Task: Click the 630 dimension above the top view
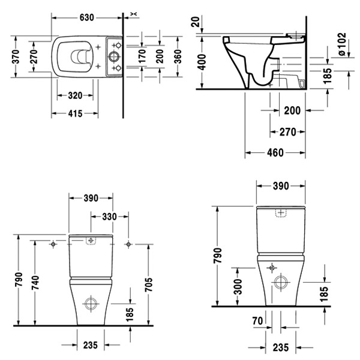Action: pos(87,17)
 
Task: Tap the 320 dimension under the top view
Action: pos(74,95)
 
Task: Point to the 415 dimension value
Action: pos(74,112)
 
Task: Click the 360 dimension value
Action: pos(178,56)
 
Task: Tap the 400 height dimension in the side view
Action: pos(203,61)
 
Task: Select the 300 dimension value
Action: pos(239,286)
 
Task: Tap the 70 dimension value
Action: pos(257,322)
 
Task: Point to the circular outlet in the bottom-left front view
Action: pos(91,302)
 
